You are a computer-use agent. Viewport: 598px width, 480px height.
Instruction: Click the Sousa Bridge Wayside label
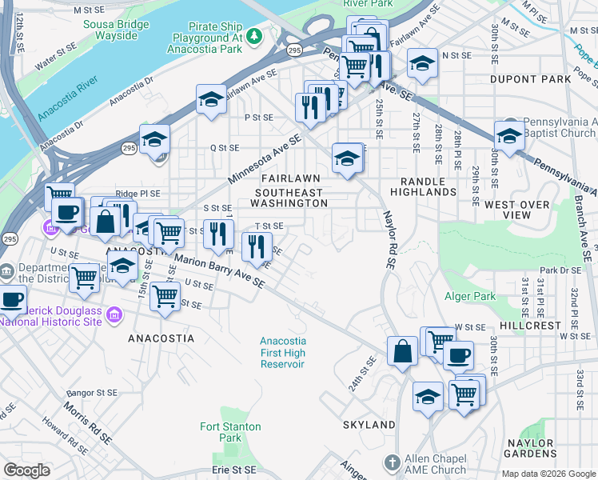click(116, 30)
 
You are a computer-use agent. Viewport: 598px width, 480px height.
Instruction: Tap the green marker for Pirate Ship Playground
click(254, 35)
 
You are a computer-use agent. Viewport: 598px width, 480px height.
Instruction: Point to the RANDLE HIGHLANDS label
click(423, 186)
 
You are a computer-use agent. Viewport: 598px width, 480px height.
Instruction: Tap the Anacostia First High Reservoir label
click(282, 352)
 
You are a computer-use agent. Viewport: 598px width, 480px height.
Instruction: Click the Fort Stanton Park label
click(221, 432)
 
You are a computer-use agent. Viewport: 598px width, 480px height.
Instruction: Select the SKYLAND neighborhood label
click(369, 424)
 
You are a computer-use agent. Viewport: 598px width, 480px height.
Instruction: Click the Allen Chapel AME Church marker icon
click(392, 462)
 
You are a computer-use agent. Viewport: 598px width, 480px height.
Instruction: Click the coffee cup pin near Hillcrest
click(458, 354)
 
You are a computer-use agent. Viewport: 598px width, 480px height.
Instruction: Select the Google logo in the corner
click(26, 470)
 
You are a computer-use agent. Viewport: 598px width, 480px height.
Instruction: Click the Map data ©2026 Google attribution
click(548, 474)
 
